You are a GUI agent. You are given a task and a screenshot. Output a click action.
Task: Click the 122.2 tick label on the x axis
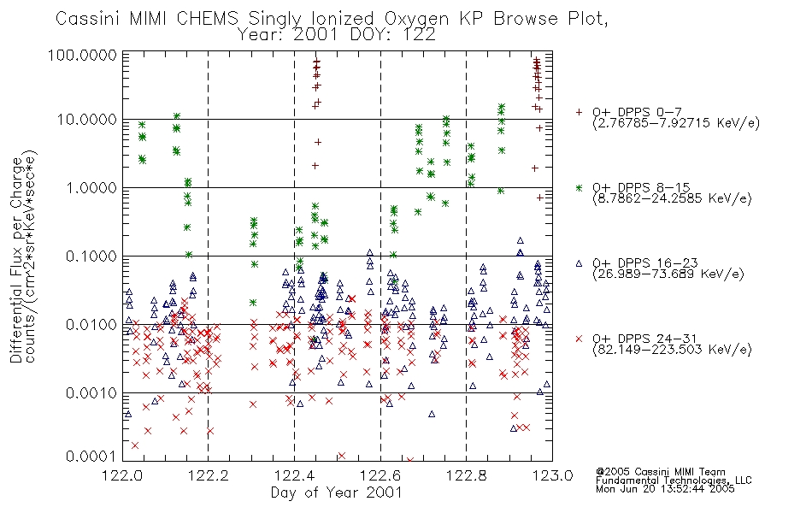click(x=209, y=475)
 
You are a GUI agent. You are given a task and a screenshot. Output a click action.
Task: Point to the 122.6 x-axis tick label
click(x=380, y=475)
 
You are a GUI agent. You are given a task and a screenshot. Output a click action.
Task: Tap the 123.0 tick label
click(x=552, y=475)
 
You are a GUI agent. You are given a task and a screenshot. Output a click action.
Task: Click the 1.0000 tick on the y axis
click(x=91, y=187)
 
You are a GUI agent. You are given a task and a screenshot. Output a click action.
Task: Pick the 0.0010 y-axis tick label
click(x=91, y=393)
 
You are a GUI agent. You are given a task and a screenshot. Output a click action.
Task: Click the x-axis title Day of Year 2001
click(x=337, y=492)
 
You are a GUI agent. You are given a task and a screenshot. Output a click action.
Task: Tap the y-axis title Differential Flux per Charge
click(x=16, y=260)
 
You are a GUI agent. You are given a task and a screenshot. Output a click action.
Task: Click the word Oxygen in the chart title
click(x=417, y=19)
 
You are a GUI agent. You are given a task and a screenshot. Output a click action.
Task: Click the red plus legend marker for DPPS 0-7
click(x=579, y=112)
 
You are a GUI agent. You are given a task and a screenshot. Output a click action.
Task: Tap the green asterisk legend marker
click(x=579, y=187)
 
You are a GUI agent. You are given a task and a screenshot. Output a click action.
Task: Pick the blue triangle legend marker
click(x=579, y=263)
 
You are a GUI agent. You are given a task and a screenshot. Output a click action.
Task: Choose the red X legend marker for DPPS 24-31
click(x=579, y=339)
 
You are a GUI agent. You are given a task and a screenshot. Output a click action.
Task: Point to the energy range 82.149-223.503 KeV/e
click(x=672, y=350)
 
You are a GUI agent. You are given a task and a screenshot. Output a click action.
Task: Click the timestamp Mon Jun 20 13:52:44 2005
click(x=665, y=489)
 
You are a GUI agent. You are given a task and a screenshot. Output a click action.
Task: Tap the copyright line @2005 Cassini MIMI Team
click(x=660, y=472)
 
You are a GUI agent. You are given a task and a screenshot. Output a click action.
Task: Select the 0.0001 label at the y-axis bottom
click(x=91, y=457)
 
